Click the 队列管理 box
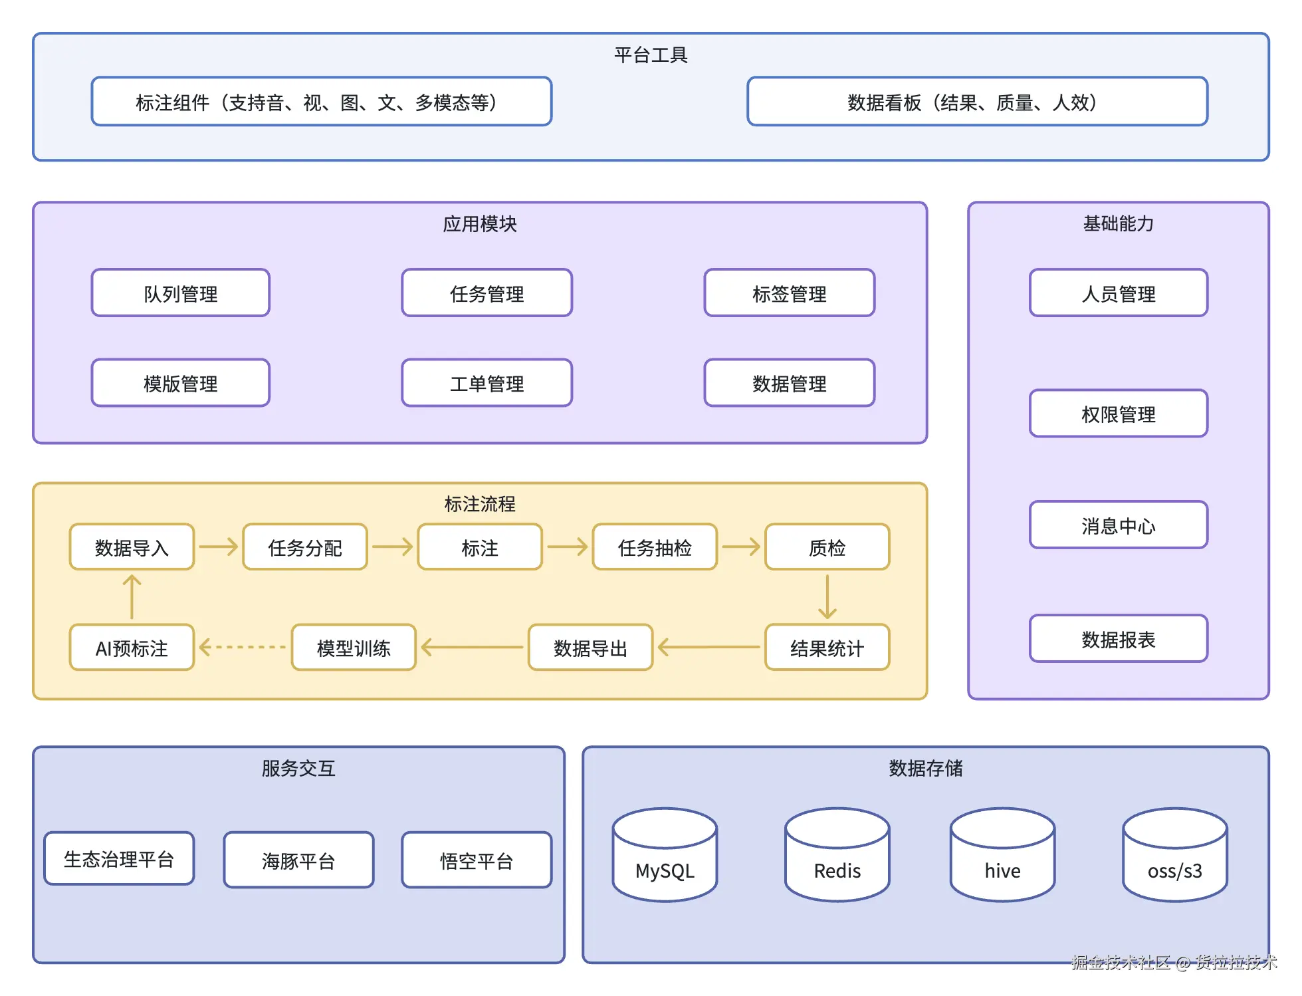[181, 293]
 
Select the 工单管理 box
[487, 383]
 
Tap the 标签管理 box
[790, 293]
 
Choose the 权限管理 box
[1119, 414]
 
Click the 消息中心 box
[1119, 525]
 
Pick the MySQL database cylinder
[665, 855]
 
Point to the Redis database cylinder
[837, 855]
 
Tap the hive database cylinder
[1002, 855]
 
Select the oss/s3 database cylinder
[1175, 855]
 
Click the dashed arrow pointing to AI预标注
[243, 647]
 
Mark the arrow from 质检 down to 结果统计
[827, 597]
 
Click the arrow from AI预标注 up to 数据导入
[132, 597]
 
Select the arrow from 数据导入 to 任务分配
[219, 547]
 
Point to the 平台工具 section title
[651, 55]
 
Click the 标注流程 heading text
[480, 504]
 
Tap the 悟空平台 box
[477, 860]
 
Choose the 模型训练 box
[354, 648]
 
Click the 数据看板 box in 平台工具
[977, 102]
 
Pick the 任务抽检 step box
[655, 547]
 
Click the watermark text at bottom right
[1174, 962]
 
